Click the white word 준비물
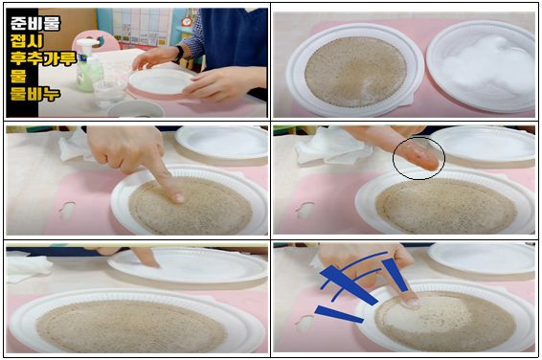point(35,23)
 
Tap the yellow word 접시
point(27,41)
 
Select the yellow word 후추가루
point(43,58)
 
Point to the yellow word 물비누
point(35,94)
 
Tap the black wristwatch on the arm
point(179,54)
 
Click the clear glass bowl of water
point(110,85)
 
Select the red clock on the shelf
point(187,21)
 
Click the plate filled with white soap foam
point(481,66)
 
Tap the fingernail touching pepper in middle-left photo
point(179,197)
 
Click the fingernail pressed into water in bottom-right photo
point(414,303)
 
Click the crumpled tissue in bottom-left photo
point(27,268)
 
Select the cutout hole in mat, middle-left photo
point(67,211)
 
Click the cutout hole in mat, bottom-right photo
point(305,324)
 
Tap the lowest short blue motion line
point(339,314)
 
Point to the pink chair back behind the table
point(96,41)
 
